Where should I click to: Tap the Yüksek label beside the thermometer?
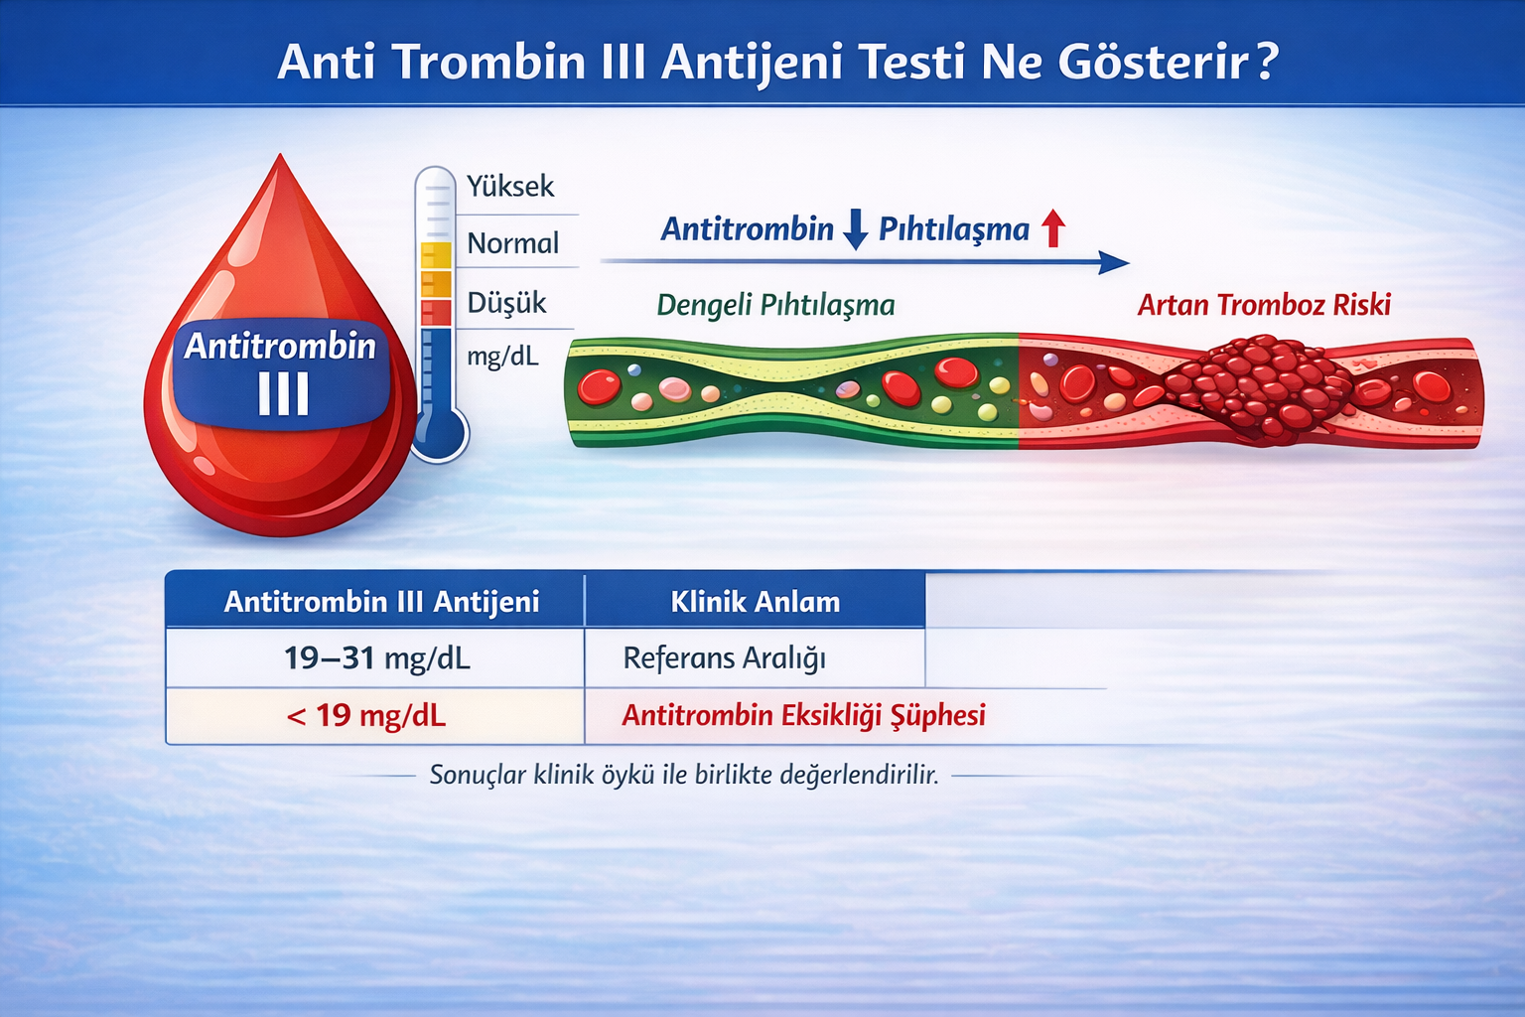click(510, 187)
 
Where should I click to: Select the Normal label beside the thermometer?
click(512, 243)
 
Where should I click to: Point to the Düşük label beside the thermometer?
click(506, 303)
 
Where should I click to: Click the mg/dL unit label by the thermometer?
click(502, 356)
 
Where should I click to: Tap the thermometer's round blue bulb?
click(439, 434)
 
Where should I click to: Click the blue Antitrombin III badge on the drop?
click(281, 373)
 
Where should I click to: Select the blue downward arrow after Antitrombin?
click(855, 229)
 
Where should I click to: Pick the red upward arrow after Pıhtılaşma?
click(1053, 228)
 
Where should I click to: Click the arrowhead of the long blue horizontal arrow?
click(1116, 263)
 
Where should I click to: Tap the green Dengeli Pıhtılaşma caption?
click(775, 305)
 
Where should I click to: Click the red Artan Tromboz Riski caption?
click(1264, 305)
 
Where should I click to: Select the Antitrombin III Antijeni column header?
click(381, 602)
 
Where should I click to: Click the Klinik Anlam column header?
click(755, 602)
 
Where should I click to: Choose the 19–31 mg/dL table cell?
click(376, 658)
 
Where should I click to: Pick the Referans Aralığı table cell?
click(724, 658)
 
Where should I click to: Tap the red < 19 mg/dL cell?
click(366, 716)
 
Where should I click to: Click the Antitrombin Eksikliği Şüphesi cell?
click(803, 716)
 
